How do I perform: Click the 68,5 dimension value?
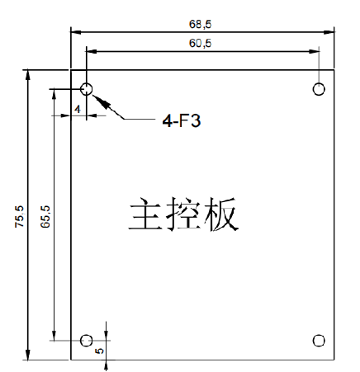click(x=200, y=24)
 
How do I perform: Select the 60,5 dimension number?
click(x=200, y=43)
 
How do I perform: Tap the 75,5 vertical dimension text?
click(x=19, y=216)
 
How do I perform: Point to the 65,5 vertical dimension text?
click(x=45, y=216)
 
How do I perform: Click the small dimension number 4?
click(x=78, y=109)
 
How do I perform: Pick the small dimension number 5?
click(x=99, y=351)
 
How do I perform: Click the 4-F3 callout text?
click(x=182, y=120)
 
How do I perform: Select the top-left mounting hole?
click(x=87, y=89)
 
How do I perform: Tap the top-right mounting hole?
click(x=319, y=89)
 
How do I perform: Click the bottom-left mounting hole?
click(x=86, y=341)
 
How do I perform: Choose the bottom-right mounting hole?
click(x=319, y=341)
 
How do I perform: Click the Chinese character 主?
click(x=144, y=214)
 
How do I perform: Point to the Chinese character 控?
click(x=182, y=214)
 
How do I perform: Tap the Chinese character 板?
click(x=220, y=214)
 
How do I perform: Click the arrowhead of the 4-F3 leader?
click(x=101, y=101)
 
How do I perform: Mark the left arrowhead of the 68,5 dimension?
click(x=76, y=32)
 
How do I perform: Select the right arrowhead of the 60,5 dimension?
click(x=314, y=51)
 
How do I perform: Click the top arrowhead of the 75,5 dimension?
click(x=27, y=75)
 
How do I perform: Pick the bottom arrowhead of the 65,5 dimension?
click(x=54, y=335)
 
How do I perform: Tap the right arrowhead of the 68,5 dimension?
click(x=329, y=32)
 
